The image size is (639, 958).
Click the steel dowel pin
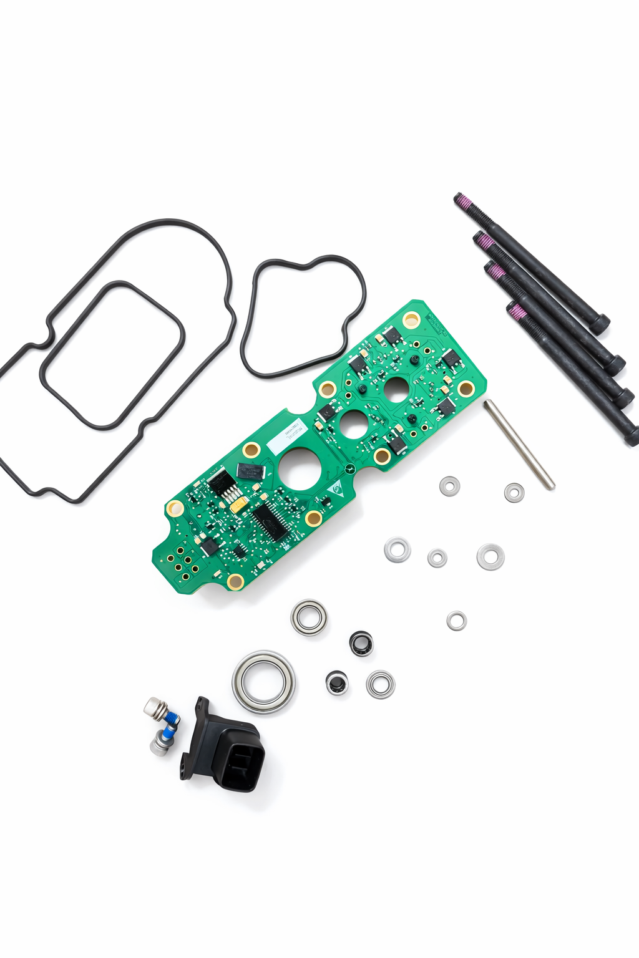pyautogui.click(x=519, y=444)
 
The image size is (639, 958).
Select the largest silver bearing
pyautogui.click(x=264, y=682)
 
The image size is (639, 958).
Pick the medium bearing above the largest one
pyautogui.click(x=309, y=617)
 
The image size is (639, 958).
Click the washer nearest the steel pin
pyautogui.click(x=514, y=492)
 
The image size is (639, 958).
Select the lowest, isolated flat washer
pyautogui.click(x=456, y=621)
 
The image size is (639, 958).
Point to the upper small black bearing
pyautogui.click(x=361, y=643)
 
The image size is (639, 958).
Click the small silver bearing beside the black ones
pyautogui.click(x=380, y=684)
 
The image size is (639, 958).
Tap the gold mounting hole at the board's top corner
pyautogui.click(x=411, y=321)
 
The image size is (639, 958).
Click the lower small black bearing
pyautogui.click(x=337, y=682)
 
